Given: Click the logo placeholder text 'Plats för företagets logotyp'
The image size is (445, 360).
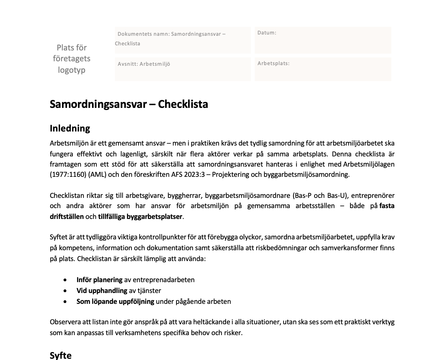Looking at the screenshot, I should point(72,59).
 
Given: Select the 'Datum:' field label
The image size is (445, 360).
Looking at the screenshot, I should point(267,33).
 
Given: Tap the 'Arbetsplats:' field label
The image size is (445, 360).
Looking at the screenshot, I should point(273,63).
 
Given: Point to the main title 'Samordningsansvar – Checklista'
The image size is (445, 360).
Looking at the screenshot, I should point(129,104).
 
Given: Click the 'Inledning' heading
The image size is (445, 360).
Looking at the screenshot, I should point(70,128).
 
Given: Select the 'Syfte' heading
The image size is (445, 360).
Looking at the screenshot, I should point(60,355).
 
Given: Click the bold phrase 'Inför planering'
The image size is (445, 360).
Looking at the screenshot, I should point(99,280).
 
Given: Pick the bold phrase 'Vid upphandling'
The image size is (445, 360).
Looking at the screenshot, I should point(102,291).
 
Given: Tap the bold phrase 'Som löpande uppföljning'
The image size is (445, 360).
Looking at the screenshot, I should point(115,302).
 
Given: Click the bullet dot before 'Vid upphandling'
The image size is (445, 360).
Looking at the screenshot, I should point(65,291).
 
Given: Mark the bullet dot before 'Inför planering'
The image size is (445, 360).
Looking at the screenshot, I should point(65,280).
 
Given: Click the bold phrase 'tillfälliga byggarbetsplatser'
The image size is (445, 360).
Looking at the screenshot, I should point(140,217).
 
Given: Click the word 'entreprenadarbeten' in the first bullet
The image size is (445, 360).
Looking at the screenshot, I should point(163,280).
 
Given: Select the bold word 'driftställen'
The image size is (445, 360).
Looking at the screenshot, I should point(67,217).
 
